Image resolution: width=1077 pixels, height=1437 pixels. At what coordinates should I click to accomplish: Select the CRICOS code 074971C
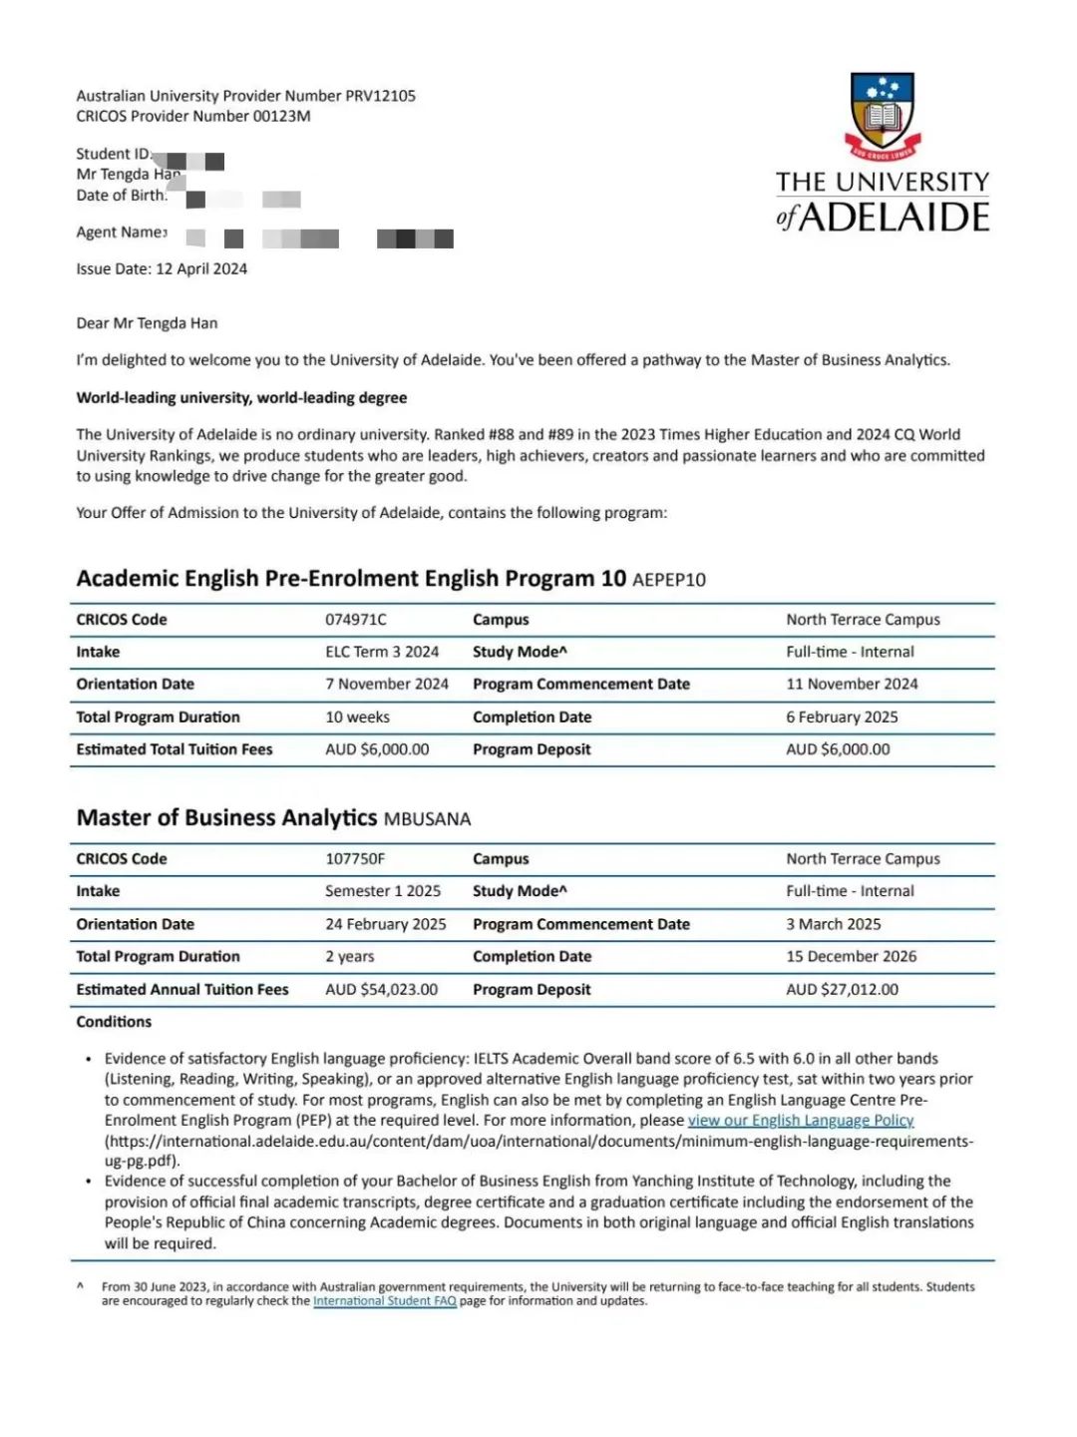355,620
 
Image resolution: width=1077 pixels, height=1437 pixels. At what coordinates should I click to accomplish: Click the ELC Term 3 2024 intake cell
382,652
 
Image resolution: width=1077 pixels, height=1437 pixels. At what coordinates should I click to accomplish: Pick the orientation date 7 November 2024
386,684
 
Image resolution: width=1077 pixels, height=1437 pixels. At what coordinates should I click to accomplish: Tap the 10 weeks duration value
357,717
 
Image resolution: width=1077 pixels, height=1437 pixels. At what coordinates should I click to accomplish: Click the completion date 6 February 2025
842,717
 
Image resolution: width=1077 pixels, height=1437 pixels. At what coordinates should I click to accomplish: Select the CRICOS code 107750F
354,859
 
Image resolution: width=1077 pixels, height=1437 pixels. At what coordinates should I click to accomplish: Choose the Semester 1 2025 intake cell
382,891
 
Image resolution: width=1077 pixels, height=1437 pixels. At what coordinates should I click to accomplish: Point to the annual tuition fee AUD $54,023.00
381,989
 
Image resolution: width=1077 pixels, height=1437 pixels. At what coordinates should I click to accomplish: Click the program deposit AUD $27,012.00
842,989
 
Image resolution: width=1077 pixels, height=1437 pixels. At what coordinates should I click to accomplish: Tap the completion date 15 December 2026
851,956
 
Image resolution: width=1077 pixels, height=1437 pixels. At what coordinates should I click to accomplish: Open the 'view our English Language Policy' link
801,1120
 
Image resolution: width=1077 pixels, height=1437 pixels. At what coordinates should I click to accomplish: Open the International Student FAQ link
384,1300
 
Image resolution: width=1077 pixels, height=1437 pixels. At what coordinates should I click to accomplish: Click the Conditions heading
114,1022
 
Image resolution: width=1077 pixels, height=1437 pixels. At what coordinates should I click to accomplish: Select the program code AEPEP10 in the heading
668,580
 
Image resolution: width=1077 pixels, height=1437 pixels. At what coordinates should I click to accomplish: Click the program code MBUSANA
427,819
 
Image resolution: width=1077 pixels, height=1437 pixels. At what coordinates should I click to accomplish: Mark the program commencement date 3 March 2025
833,924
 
